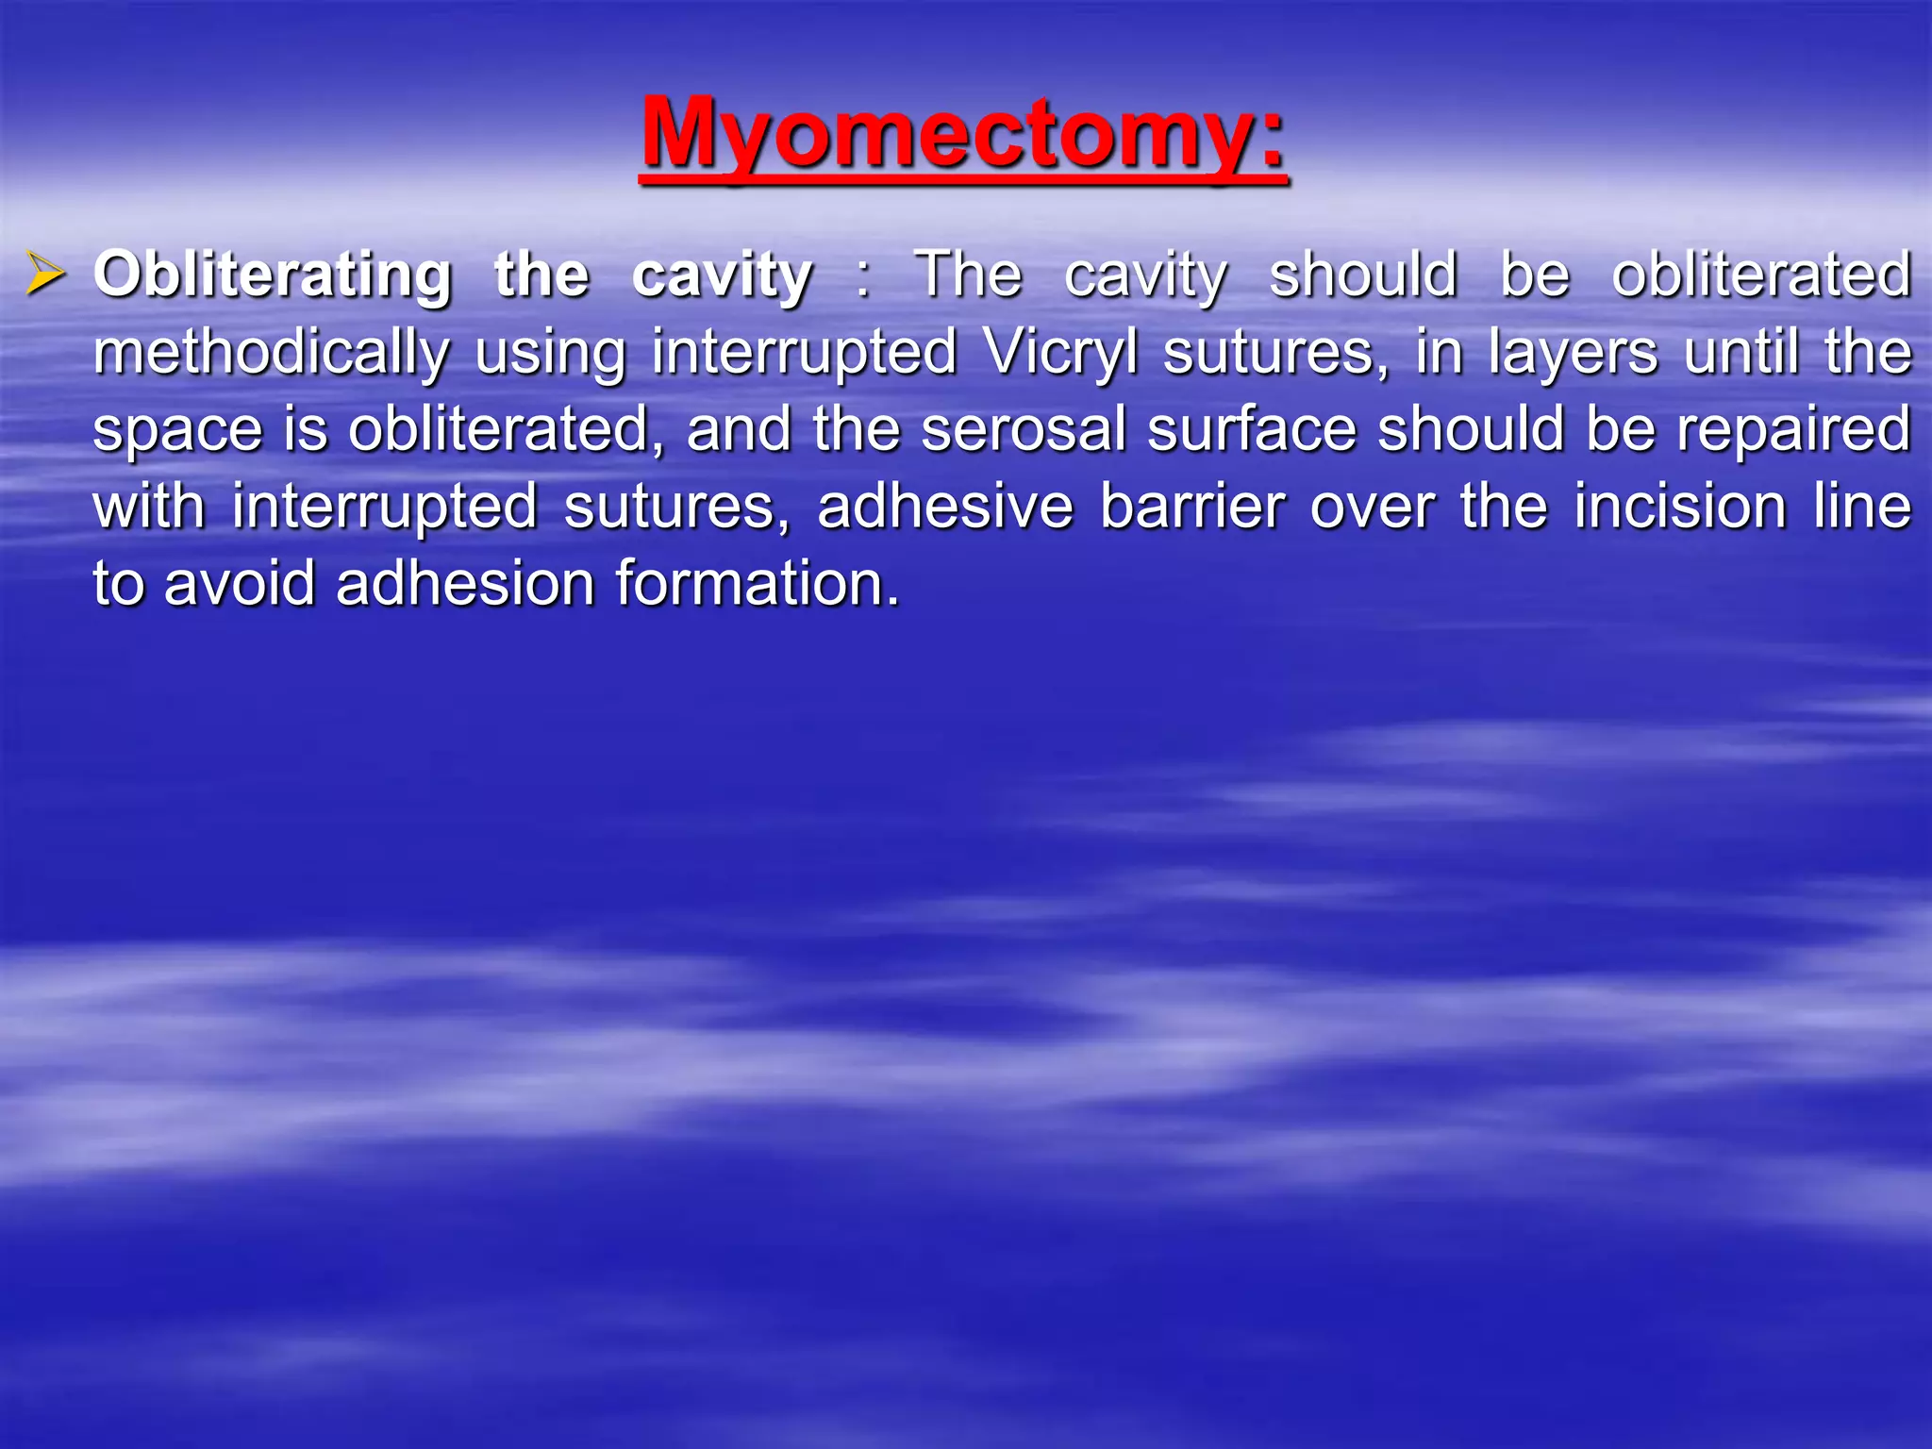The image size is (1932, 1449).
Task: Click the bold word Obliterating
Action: click(x=273, y=275)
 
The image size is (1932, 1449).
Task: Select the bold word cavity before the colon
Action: click(x=722, y=275)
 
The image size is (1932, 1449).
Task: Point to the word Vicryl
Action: click(x=1060, y=353)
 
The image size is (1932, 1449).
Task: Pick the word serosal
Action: click(x=1023, y=430)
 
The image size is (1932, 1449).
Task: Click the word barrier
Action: click(x=1191, y=508)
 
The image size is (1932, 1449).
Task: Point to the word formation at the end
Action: click(x=757, y=584)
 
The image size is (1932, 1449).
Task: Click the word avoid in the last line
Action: click(x=240, y=584)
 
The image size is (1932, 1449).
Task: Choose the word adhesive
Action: click(x=944, y=508)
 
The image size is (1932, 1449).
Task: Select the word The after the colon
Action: click(x=968, y=275)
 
